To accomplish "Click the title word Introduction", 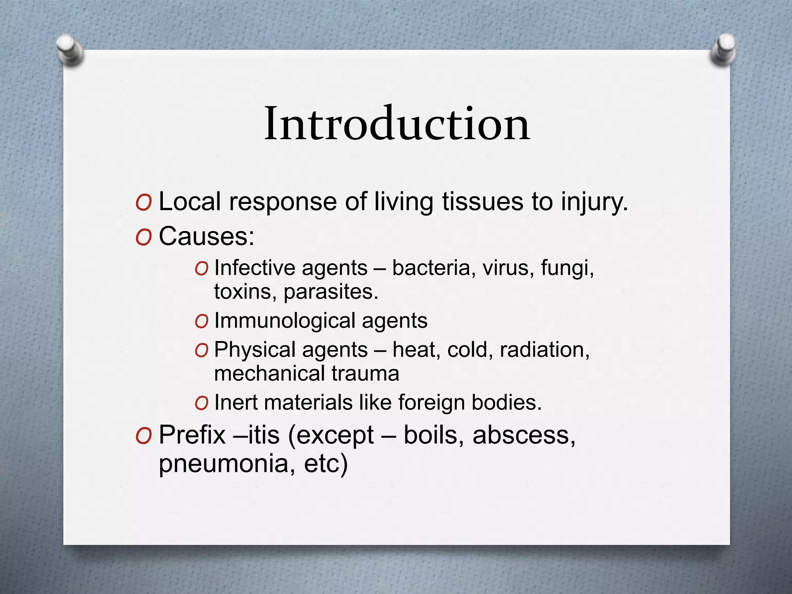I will pos(397,124).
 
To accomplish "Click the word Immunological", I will pos(285,321).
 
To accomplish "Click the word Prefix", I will pos(192,435).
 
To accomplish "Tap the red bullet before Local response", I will pos(143,203).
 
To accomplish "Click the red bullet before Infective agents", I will pos(201,268).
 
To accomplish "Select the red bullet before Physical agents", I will pos(201,350).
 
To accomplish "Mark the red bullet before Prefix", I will pos(143,436).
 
